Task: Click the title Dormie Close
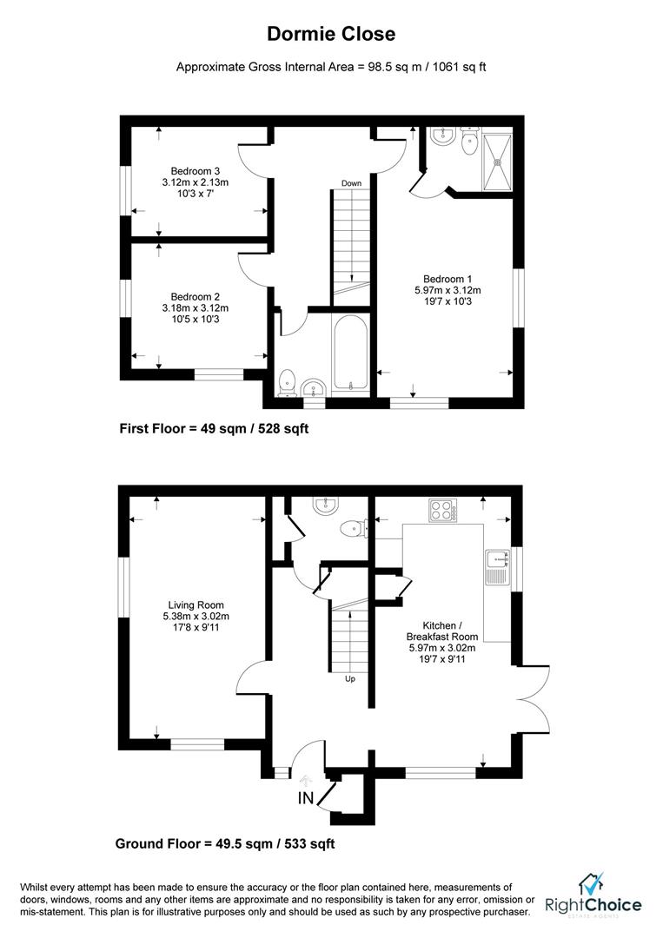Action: pos(331,34)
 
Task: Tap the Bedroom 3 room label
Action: pos(195,182)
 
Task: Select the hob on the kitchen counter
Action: pos(442,510)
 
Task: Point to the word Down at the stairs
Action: pos(351,183)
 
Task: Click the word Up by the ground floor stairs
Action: pos(350,679)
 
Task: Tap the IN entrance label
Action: pos(306,798)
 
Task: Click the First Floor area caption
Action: pos(214,429)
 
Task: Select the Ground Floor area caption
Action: pos(225,843)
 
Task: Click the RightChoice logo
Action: pos(593,899)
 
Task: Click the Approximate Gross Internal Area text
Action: pos(331,67)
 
